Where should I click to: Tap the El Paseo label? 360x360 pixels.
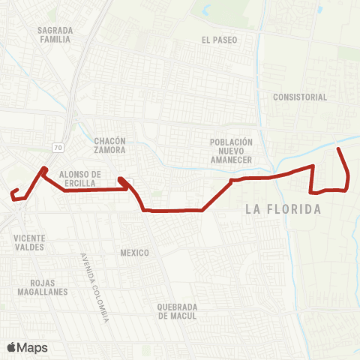[219, 40]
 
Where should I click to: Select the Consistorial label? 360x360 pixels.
[300, 97]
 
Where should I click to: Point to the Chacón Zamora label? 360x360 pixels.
[110, 145]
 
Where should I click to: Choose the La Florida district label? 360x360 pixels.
[283, 209]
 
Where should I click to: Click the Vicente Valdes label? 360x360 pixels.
[29, 242]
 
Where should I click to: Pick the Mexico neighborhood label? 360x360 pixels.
[134, 253]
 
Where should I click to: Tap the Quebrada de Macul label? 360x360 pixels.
[176, 311]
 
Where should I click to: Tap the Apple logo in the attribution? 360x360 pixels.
[11, 347]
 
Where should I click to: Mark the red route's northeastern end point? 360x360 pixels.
[339, 150]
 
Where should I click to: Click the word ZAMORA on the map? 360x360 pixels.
[110, 150]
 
